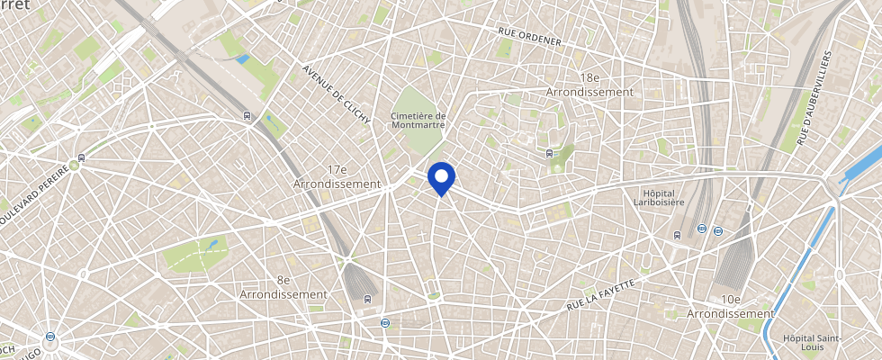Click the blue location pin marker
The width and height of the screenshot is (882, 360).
pos(441,177)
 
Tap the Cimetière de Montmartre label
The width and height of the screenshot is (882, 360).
pos(418,121)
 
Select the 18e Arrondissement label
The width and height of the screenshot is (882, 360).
pos(590,85)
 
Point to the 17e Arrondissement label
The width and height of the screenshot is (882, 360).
pos(338,176)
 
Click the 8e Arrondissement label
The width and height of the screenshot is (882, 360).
pos(283,287)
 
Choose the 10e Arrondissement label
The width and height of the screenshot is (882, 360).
pos(730,306)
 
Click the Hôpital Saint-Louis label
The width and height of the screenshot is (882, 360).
pos(813,343)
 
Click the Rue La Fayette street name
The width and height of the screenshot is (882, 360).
pos(601,295)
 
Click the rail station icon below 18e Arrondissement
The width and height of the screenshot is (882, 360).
pos(550,153)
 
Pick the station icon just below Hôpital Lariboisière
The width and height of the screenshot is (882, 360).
pos(676,235)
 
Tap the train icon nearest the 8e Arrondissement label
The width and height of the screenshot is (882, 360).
pos(366,299)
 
